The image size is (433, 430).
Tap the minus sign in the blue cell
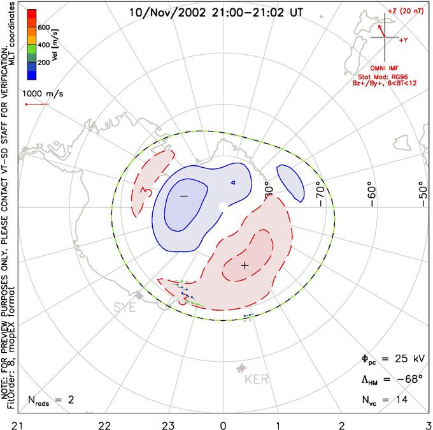point(183,196)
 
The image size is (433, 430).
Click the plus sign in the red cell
point(245,265)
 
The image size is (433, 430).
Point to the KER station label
point(257,380)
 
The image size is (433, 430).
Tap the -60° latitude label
point(371,190)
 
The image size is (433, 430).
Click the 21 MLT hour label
point(22,424)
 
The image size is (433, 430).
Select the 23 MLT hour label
point(168,424)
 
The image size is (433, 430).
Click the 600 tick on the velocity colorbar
point(43,27)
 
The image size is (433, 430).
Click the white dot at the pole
point(222,207)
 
